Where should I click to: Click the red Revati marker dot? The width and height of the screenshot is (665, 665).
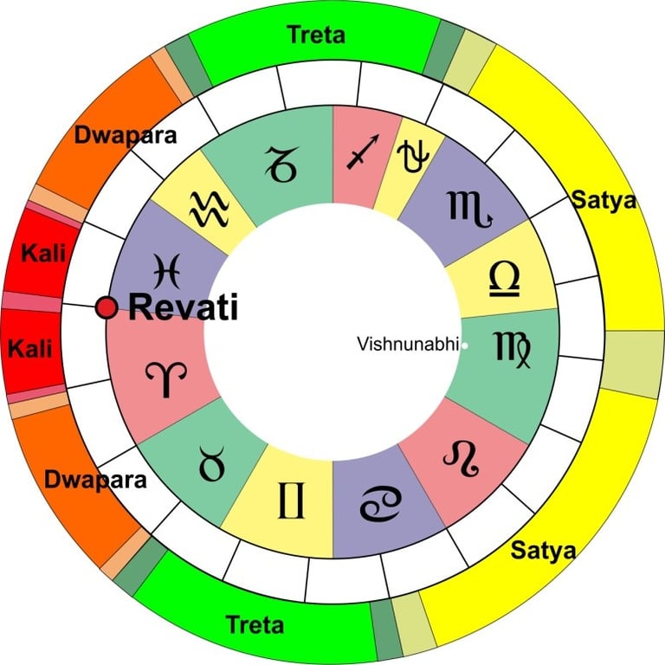coord(107,307)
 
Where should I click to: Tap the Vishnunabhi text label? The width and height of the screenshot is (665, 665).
coord(408,345)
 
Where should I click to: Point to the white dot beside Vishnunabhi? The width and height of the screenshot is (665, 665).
coord(465,345)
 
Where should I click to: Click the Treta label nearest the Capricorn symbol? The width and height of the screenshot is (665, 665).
coord(315,35)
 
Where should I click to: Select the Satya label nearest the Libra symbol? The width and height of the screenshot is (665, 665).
coord(604,201)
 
